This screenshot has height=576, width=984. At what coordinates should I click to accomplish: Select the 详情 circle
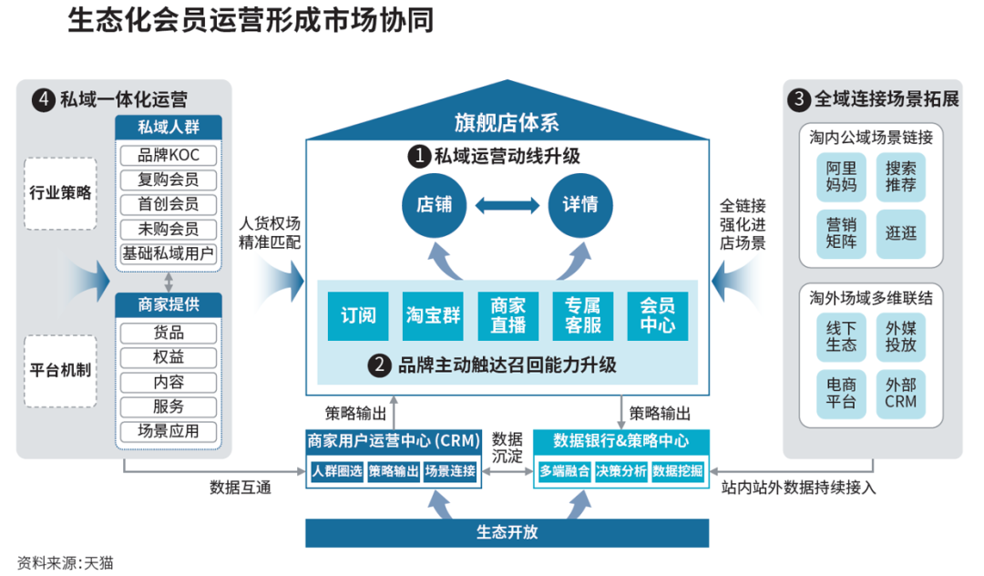point(579,204)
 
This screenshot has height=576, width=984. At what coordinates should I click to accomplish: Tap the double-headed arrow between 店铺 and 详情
point(507,205)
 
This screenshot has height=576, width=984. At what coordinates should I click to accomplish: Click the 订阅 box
point(358,316)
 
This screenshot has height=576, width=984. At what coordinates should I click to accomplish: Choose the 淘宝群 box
point(433,316)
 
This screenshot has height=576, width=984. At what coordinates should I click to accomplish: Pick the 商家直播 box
point(507,316)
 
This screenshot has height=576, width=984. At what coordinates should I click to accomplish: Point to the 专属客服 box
point(582,316)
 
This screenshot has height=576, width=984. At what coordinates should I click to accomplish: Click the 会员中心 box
point(657,316)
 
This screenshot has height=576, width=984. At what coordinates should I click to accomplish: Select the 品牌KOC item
point(169,156)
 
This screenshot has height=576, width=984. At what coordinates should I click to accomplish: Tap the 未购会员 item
point(169,229)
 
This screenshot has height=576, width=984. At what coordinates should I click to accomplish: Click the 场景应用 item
point(169,431)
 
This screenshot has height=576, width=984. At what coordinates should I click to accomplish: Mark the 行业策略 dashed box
point(60,193)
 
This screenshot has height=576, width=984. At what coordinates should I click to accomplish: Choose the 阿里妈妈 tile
point(841,177)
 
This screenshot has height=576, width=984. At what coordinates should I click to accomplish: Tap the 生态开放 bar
point(507,532)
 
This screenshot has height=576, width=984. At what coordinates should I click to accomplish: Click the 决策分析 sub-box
point(620,471)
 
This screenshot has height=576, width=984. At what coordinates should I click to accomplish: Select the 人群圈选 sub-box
point(336,471)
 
